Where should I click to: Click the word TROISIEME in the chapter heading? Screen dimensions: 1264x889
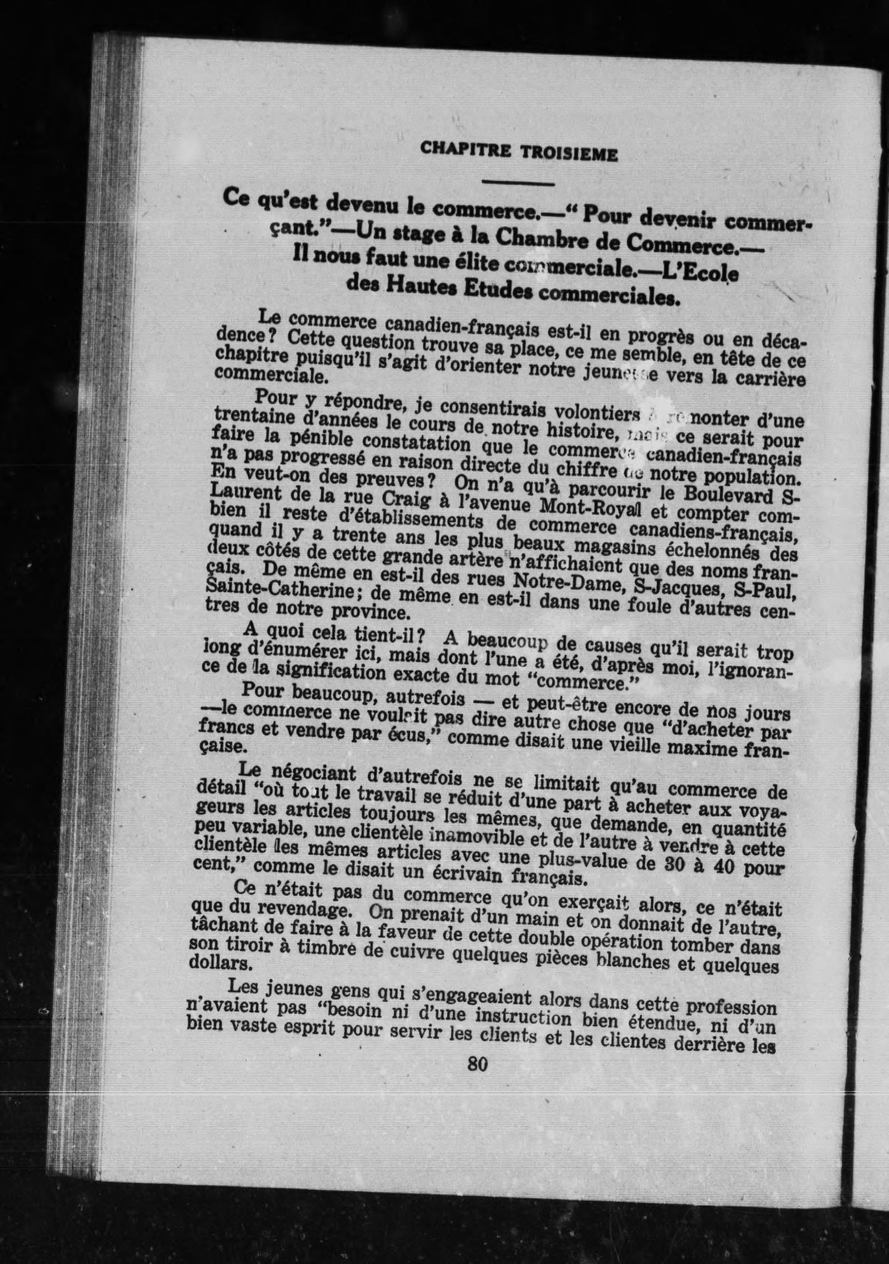click(x=569, y=154)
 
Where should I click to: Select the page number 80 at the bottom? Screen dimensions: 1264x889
click(x=477, y=1064)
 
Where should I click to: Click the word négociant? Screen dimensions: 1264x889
click(x=312, y=773)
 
